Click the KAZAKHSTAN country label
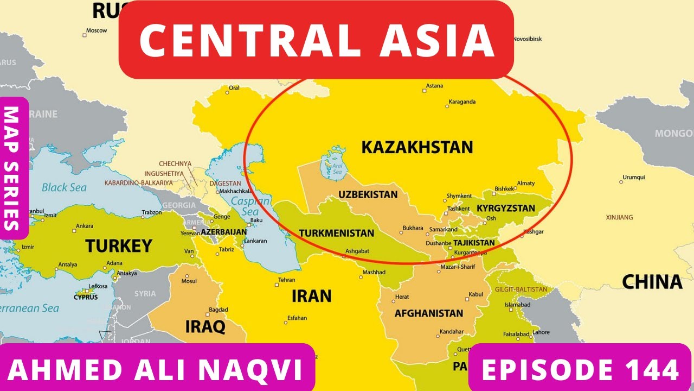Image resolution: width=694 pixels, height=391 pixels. pyautogui.click(x=417, y=147)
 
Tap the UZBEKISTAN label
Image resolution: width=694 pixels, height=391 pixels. pyautogui.click(x=368, y=194)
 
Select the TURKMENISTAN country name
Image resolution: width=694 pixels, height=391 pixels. pyautogui.click(x=336, y=233)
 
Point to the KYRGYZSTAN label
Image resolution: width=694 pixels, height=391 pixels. pyautogui.click(x=505, y=208)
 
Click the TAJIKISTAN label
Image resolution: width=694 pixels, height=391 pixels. pyautogui.click(x=474, y=243)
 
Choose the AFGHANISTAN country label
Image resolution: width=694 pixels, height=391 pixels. pyautogui.click(x=429, y=313)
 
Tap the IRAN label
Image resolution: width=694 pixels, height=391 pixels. pyautogui.click(x=311, y=296)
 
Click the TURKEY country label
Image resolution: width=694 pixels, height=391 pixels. pyautogui.click(x=118, y=246)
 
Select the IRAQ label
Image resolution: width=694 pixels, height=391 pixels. pyautogui.click(x=205, y=326)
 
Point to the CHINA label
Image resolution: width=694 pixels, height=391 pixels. pyautogui.click(x=652, y=282)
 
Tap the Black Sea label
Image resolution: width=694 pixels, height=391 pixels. pyautogui.click(x=64, y=187)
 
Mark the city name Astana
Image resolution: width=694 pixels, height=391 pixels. pyautogui.click(x=434, y=86)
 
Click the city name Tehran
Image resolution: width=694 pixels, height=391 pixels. pyautogui.click(x=286, y=280)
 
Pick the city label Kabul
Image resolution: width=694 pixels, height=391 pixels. pyautogui.click(x=475, y=294)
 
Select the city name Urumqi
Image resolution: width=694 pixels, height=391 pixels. pyautogui.click(x=634, y=177)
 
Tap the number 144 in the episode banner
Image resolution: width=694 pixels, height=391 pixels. pyautogui.click(x=650, y=370)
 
